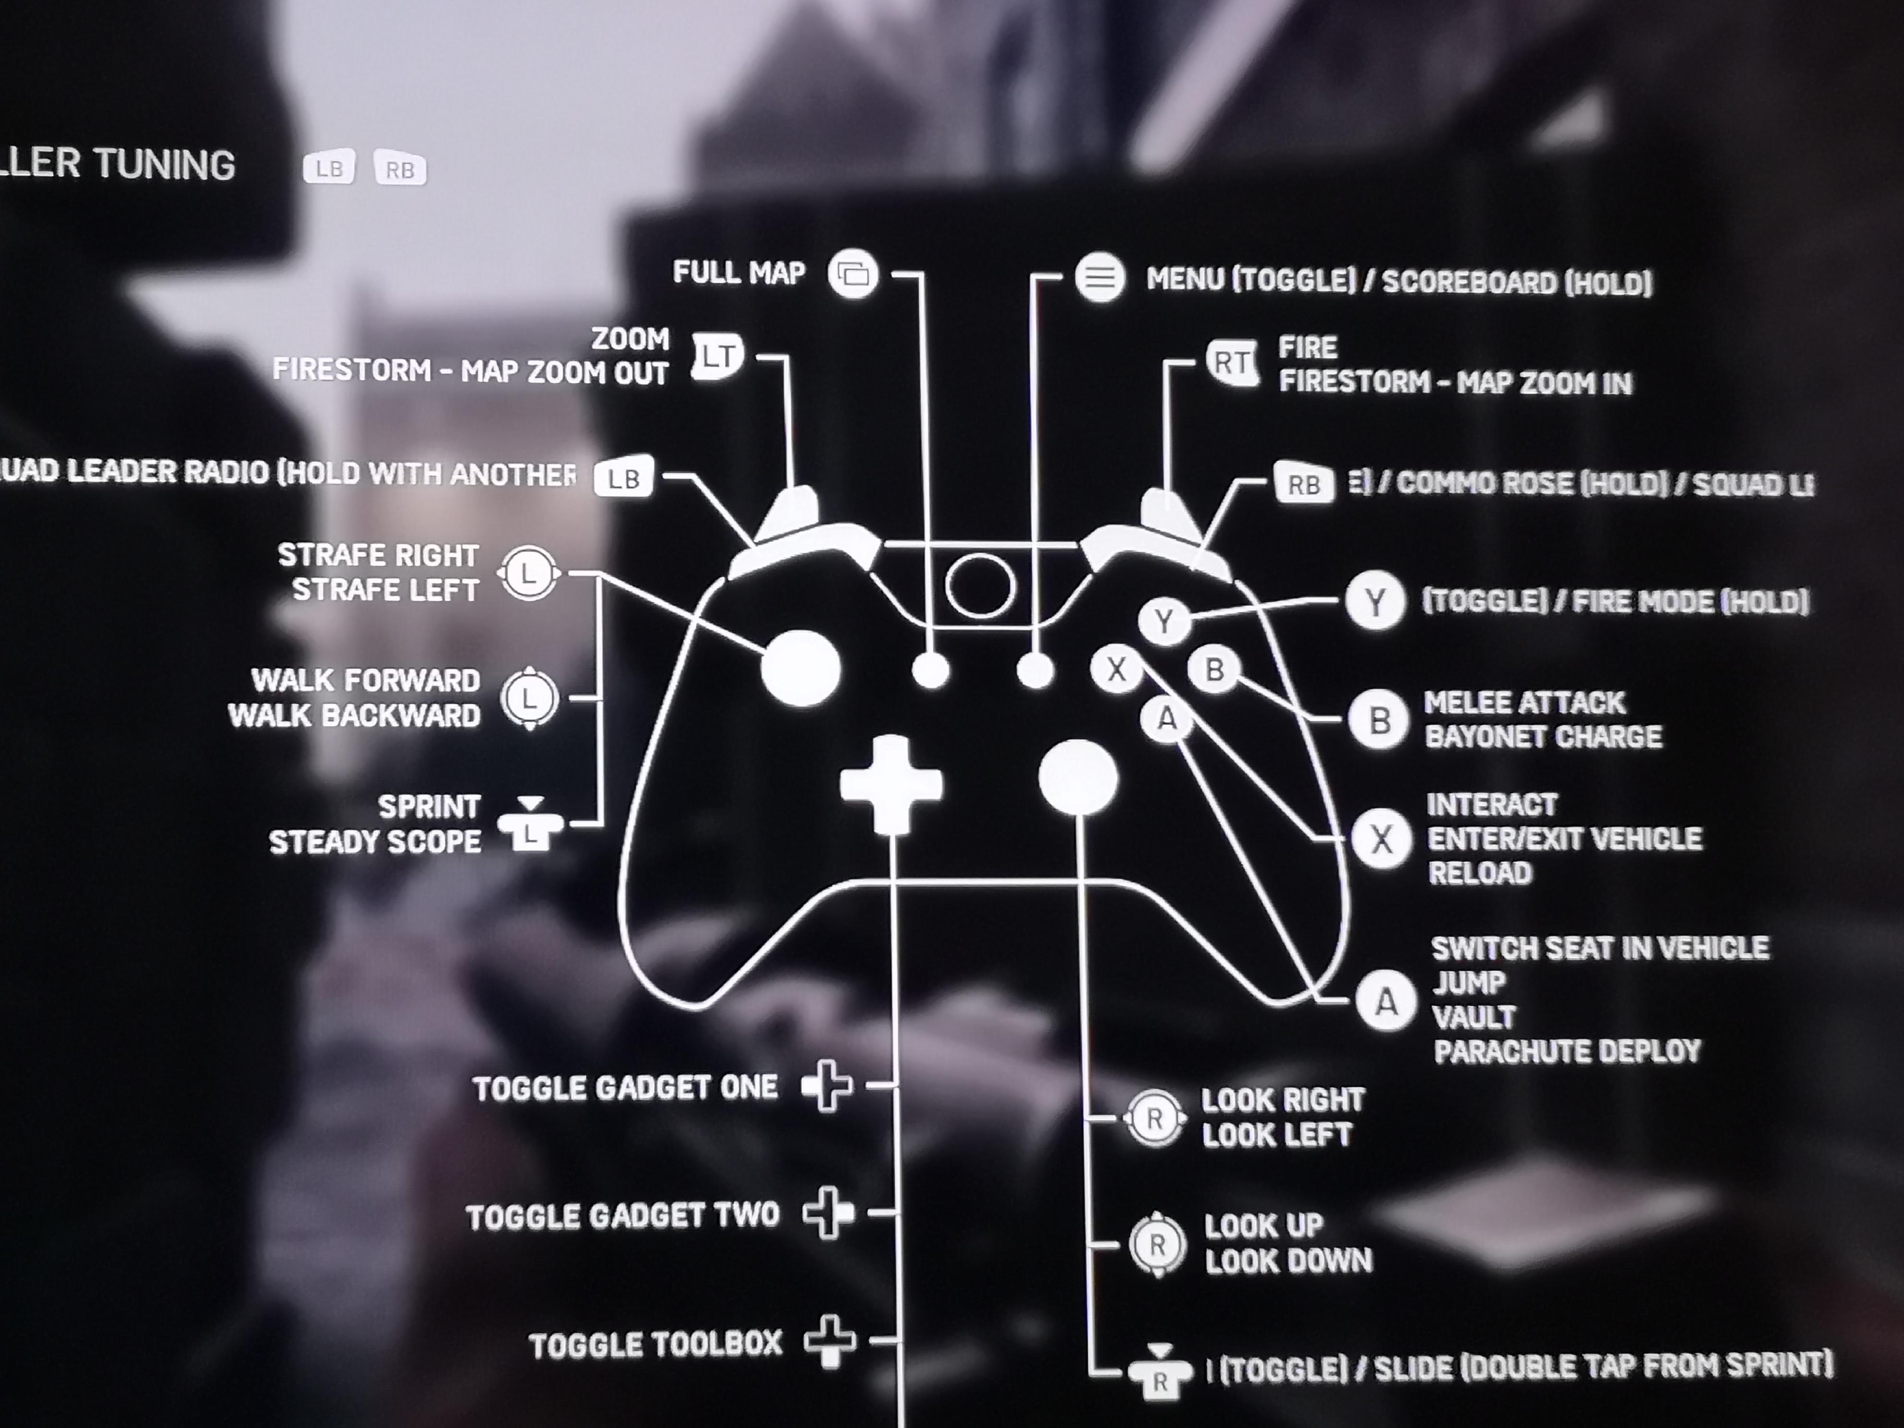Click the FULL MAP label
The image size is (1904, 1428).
pos(738,273)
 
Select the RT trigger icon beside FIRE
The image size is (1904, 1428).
pos(1231,363)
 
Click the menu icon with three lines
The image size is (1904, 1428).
pos(1099,277)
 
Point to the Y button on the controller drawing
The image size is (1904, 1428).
pos(1164,620)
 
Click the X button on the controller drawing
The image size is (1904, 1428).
pos(1117,669)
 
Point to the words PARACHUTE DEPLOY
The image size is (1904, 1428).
pos(1567,1051)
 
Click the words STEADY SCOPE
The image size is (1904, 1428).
pos(375,842)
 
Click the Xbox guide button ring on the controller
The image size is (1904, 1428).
pos(979,585)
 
